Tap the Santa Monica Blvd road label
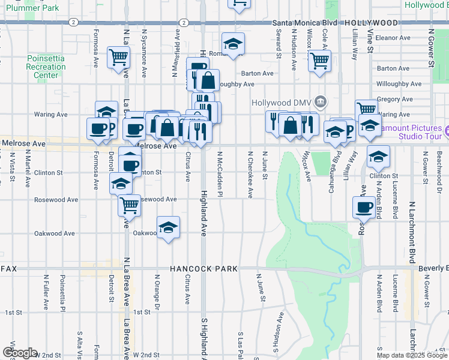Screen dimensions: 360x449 (304, 23)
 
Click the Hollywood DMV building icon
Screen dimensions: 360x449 (321, 101)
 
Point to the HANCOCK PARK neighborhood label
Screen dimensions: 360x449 (203, 269)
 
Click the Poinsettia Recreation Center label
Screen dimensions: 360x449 (46, 67)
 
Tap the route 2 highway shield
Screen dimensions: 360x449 (73, 22)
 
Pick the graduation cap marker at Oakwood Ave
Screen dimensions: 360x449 (169, 227)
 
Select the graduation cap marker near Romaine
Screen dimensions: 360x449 (232, 43)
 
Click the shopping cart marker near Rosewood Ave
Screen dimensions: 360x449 (130, 205)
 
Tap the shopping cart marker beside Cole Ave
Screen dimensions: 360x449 (319, 60)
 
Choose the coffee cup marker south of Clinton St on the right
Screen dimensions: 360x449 (363, 208)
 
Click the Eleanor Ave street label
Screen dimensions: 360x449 (393, 37)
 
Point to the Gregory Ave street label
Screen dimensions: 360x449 (394, 99)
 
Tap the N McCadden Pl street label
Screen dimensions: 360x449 (220, 174)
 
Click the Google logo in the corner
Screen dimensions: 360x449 (19, 353)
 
